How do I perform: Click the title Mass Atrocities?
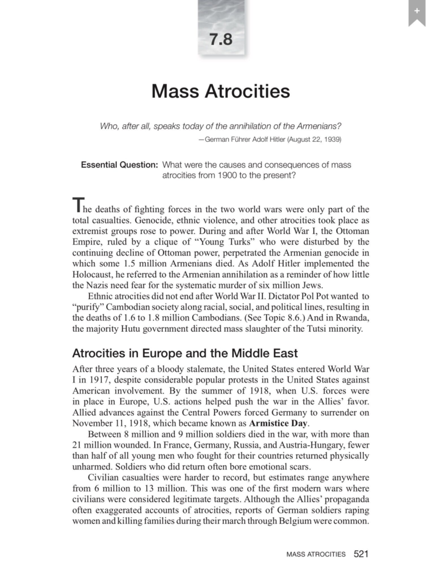point(221,91)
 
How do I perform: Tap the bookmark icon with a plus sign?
point(417,12)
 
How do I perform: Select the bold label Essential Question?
point(119,165)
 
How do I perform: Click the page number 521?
point(361,554)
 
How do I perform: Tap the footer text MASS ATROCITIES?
point(316,554)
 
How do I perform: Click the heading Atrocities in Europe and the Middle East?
point(185,353)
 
